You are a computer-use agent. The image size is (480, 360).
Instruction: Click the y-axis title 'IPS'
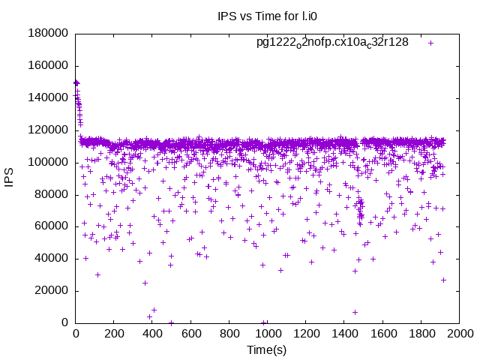[x=10, y=178]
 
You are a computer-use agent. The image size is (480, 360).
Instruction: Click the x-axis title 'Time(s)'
[x=266, y=349]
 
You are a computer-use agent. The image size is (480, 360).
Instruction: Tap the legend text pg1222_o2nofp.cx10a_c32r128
[x=332, y=42]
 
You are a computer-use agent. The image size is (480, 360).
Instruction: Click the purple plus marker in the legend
[x=431, y=43]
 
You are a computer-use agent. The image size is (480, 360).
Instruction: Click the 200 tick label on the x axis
[x=114, y=334]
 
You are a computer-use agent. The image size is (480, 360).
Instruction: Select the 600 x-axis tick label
[x=190, y=334]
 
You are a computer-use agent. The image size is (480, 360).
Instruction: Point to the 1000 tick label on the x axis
[x=268, y=334]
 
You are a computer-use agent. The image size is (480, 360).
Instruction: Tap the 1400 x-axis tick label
[x=344, y=334]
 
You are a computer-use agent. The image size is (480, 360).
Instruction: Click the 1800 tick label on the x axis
[x=421, y=334]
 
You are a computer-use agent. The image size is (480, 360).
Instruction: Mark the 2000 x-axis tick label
[x=459, y=334]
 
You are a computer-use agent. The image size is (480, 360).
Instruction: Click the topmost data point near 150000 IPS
[x=76, y=82]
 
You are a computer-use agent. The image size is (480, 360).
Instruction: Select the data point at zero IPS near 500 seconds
[x=171, y=322]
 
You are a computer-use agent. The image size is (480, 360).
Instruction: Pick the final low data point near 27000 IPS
[x=443, y=280]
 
